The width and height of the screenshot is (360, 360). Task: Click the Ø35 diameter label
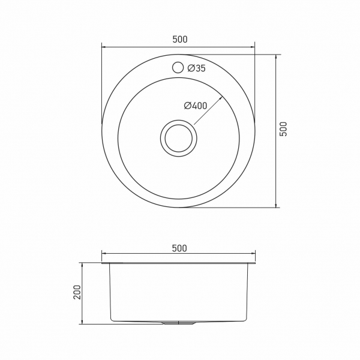(196, 68)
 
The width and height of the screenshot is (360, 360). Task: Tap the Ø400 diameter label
(195, 106)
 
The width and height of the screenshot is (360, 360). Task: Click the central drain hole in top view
(178, 137)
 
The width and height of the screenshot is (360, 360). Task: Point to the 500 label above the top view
(179, 40)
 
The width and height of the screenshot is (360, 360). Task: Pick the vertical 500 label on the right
(284, 130)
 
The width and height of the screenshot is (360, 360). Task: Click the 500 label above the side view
(179, 248)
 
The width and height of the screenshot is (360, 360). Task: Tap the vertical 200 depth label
(76, 293)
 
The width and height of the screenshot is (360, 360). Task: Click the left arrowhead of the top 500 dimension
(103, 46)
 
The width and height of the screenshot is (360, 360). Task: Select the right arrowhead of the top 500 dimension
(254, 46)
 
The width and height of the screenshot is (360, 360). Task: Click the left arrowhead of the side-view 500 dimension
(103, 254)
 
